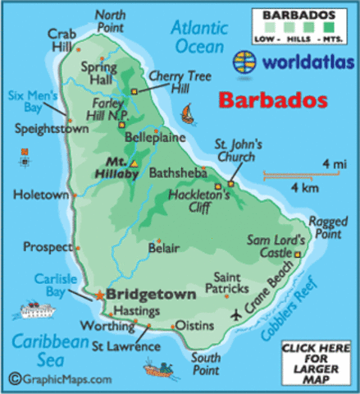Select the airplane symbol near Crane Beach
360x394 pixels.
(238, 314)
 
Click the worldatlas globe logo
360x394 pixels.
(244, 60)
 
